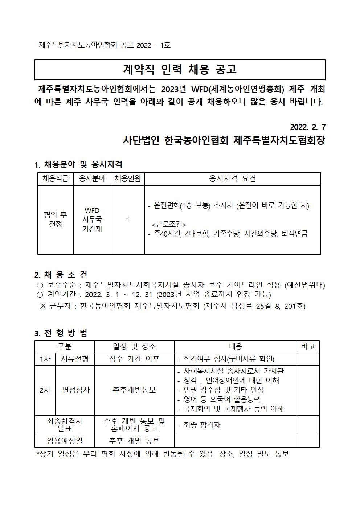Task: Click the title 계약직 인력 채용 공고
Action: tap(180, 69)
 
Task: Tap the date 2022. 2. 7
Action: tap(308, 127)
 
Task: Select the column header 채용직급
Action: tap(56, 178)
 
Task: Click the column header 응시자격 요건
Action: tap(233, 178)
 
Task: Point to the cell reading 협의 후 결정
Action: tap(56, 219)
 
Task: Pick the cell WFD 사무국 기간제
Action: tap(92, 220)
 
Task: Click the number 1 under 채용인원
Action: tap(128, 220)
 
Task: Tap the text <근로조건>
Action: tap(169, 224)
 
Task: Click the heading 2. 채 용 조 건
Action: tap(61, 275)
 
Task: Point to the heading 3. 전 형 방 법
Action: tap(61, 333)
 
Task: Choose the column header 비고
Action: tap(308, 346)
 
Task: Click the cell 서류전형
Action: tap(75, 359)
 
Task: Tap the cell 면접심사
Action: tap(75, 390)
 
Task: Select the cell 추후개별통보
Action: tap(134, 390)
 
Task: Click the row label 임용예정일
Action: tap(65, 440)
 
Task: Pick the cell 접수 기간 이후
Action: tap(134, 359)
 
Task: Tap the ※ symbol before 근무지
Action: tap(43, 306)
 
